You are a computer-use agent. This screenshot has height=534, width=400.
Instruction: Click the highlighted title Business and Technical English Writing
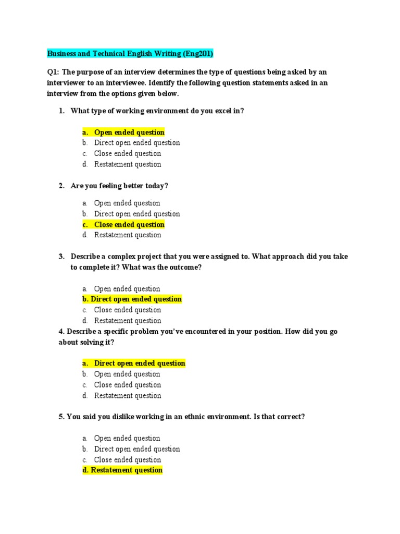(x=115, y=54)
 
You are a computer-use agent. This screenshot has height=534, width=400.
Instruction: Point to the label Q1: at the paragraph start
(x=54, y=72)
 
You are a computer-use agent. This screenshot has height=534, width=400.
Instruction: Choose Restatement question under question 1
(x=128, y=164)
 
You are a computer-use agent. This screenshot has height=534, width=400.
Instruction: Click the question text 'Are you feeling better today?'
(x=119, y=186)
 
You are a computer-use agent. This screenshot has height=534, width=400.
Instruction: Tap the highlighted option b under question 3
(x=132, y=299)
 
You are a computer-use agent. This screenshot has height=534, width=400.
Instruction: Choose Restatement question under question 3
(x=128, y=321)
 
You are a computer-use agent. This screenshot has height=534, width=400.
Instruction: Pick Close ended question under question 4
(x=128, y=385)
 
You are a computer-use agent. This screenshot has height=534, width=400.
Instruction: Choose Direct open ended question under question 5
(x=137, y=449)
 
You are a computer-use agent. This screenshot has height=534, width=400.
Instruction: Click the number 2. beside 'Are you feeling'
(x=61, y=186)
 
